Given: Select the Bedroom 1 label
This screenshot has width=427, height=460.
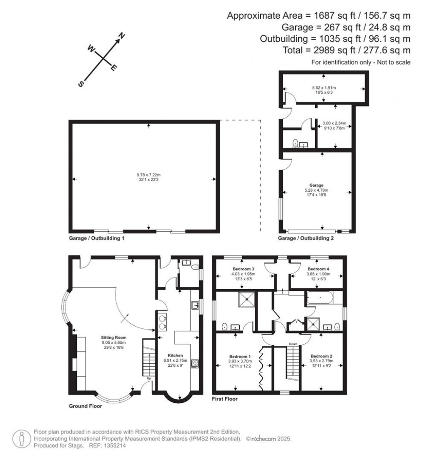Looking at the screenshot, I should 240,356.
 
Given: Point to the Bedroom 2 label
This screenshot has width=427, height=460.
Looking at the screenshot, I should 321,356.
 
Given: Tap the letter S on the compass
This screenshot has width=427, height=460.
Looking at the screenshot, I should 81,84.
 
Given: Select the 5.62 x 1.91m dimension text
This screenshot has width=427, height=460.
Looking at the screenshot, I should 324,88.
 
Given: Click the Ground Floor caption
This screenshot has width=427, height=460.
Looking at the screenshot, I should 85,406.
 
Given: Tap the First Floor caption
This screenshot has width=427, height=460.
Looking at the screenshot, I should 225,399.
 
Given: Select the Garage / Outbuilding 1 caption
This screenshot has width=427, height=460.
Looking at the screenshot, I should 96,239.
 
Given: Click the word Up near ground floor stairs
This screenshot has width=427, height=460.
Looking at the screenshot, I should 149,378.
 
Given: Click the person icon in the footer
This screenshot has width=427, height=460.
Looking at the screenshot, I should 20,438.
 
